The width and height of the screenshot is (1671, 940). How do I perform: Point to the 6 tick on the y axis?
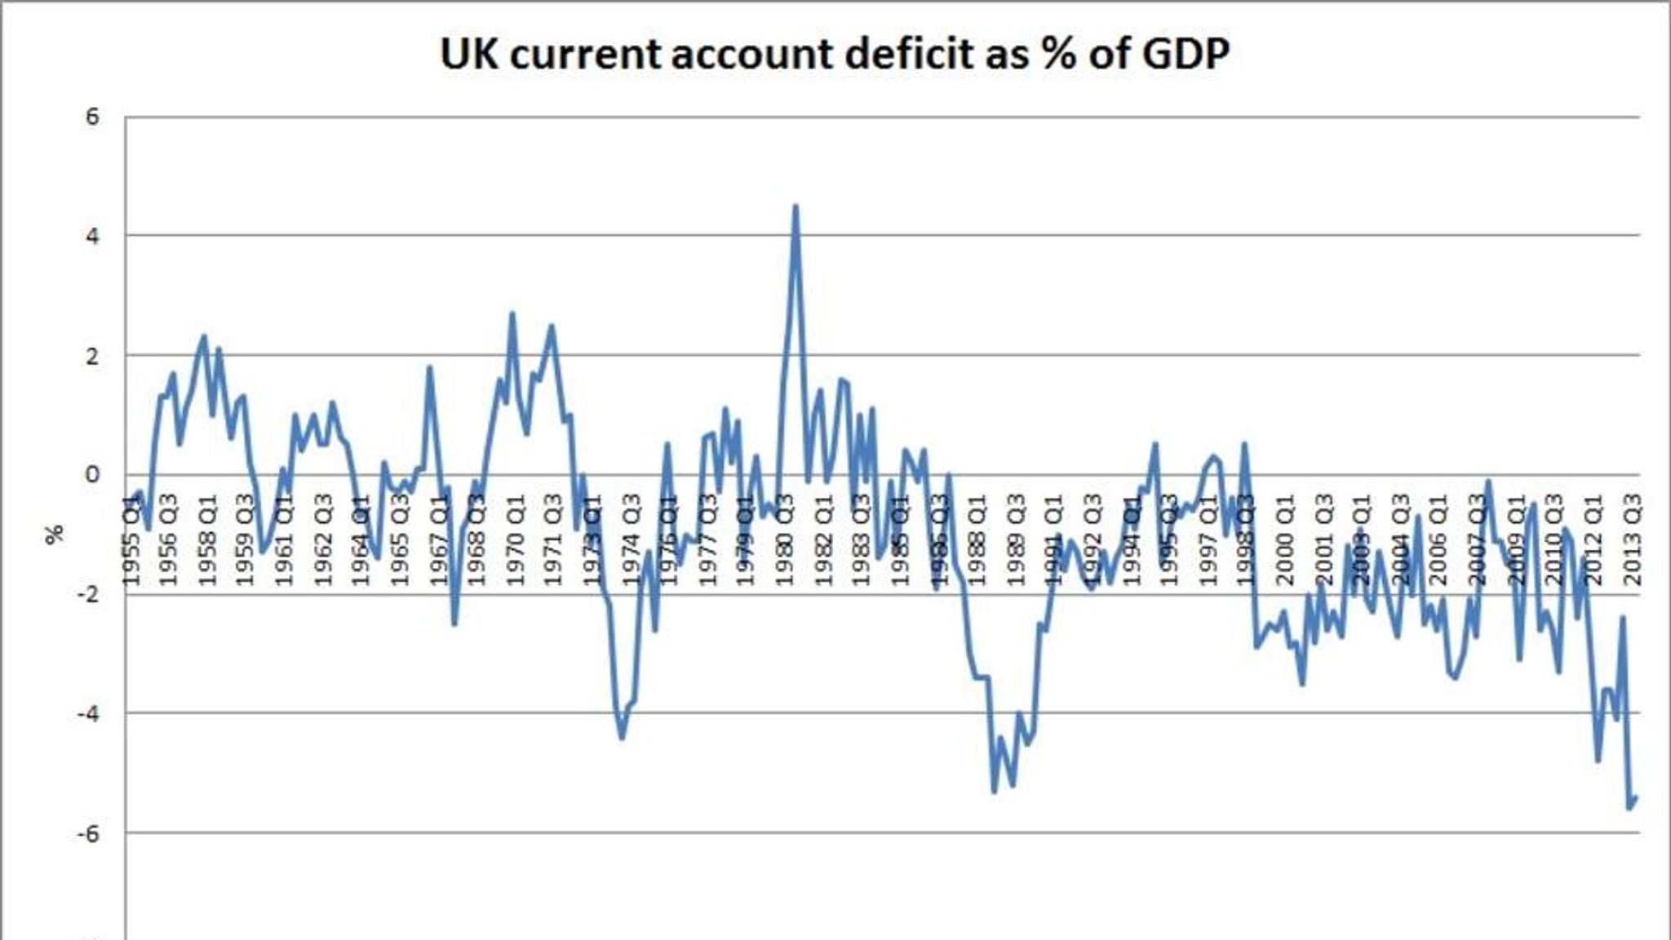pos(92,117)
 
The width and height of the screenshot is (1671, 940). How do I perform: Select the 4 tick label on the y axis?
pos(92,237)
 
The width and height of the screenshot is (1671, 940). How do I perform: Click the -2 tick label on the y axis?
pos(88,594)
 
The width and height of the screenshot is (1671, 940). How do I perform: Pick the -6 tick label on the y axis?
pos(88,833)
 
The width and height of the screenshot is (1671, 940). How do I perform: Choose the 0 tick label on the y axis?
pos(92,475)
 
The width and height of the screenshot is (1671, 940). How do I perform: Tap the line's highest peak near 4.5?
pos(796,206)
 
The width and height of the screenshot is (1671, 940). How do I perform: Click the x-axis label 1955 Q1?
pos(131,540)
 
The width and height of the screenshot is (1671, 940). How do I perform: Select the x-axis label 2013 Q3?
pos(1633,540)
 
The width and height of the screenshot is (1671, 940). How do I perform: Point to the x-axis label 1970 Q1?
pos(515,540)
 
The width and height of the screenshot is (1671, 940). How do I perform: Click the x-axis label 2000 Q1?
pos(1285,540)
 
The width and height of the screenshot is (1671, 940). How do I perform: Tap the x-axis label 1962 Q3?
pos(323,540)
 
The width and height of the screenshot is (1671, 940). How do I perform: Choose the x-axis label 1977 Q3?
pos(707,540)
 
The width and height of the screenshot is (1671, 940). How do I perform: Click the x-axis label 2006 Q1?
pos(1439,540)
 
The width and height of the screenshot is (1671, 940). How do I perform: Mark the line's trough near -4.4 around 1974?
pos(623,738)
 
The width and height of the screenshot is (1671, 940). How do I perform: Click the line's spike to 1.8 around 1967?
pos(429,368)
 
